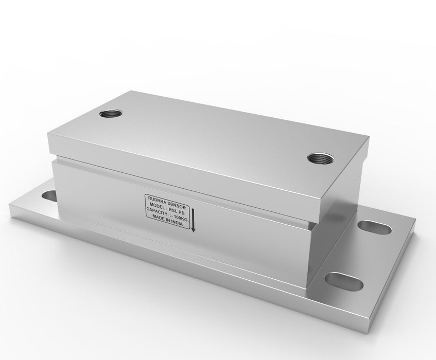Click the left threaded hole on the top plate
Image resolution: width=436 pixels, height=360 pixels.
tap(111, 114)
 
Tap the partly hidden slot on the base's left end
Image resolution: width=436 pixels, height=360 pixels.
tap(49, 195)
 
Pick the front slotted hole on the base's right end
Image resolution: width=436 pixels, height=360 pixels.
tap(344, 281)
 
